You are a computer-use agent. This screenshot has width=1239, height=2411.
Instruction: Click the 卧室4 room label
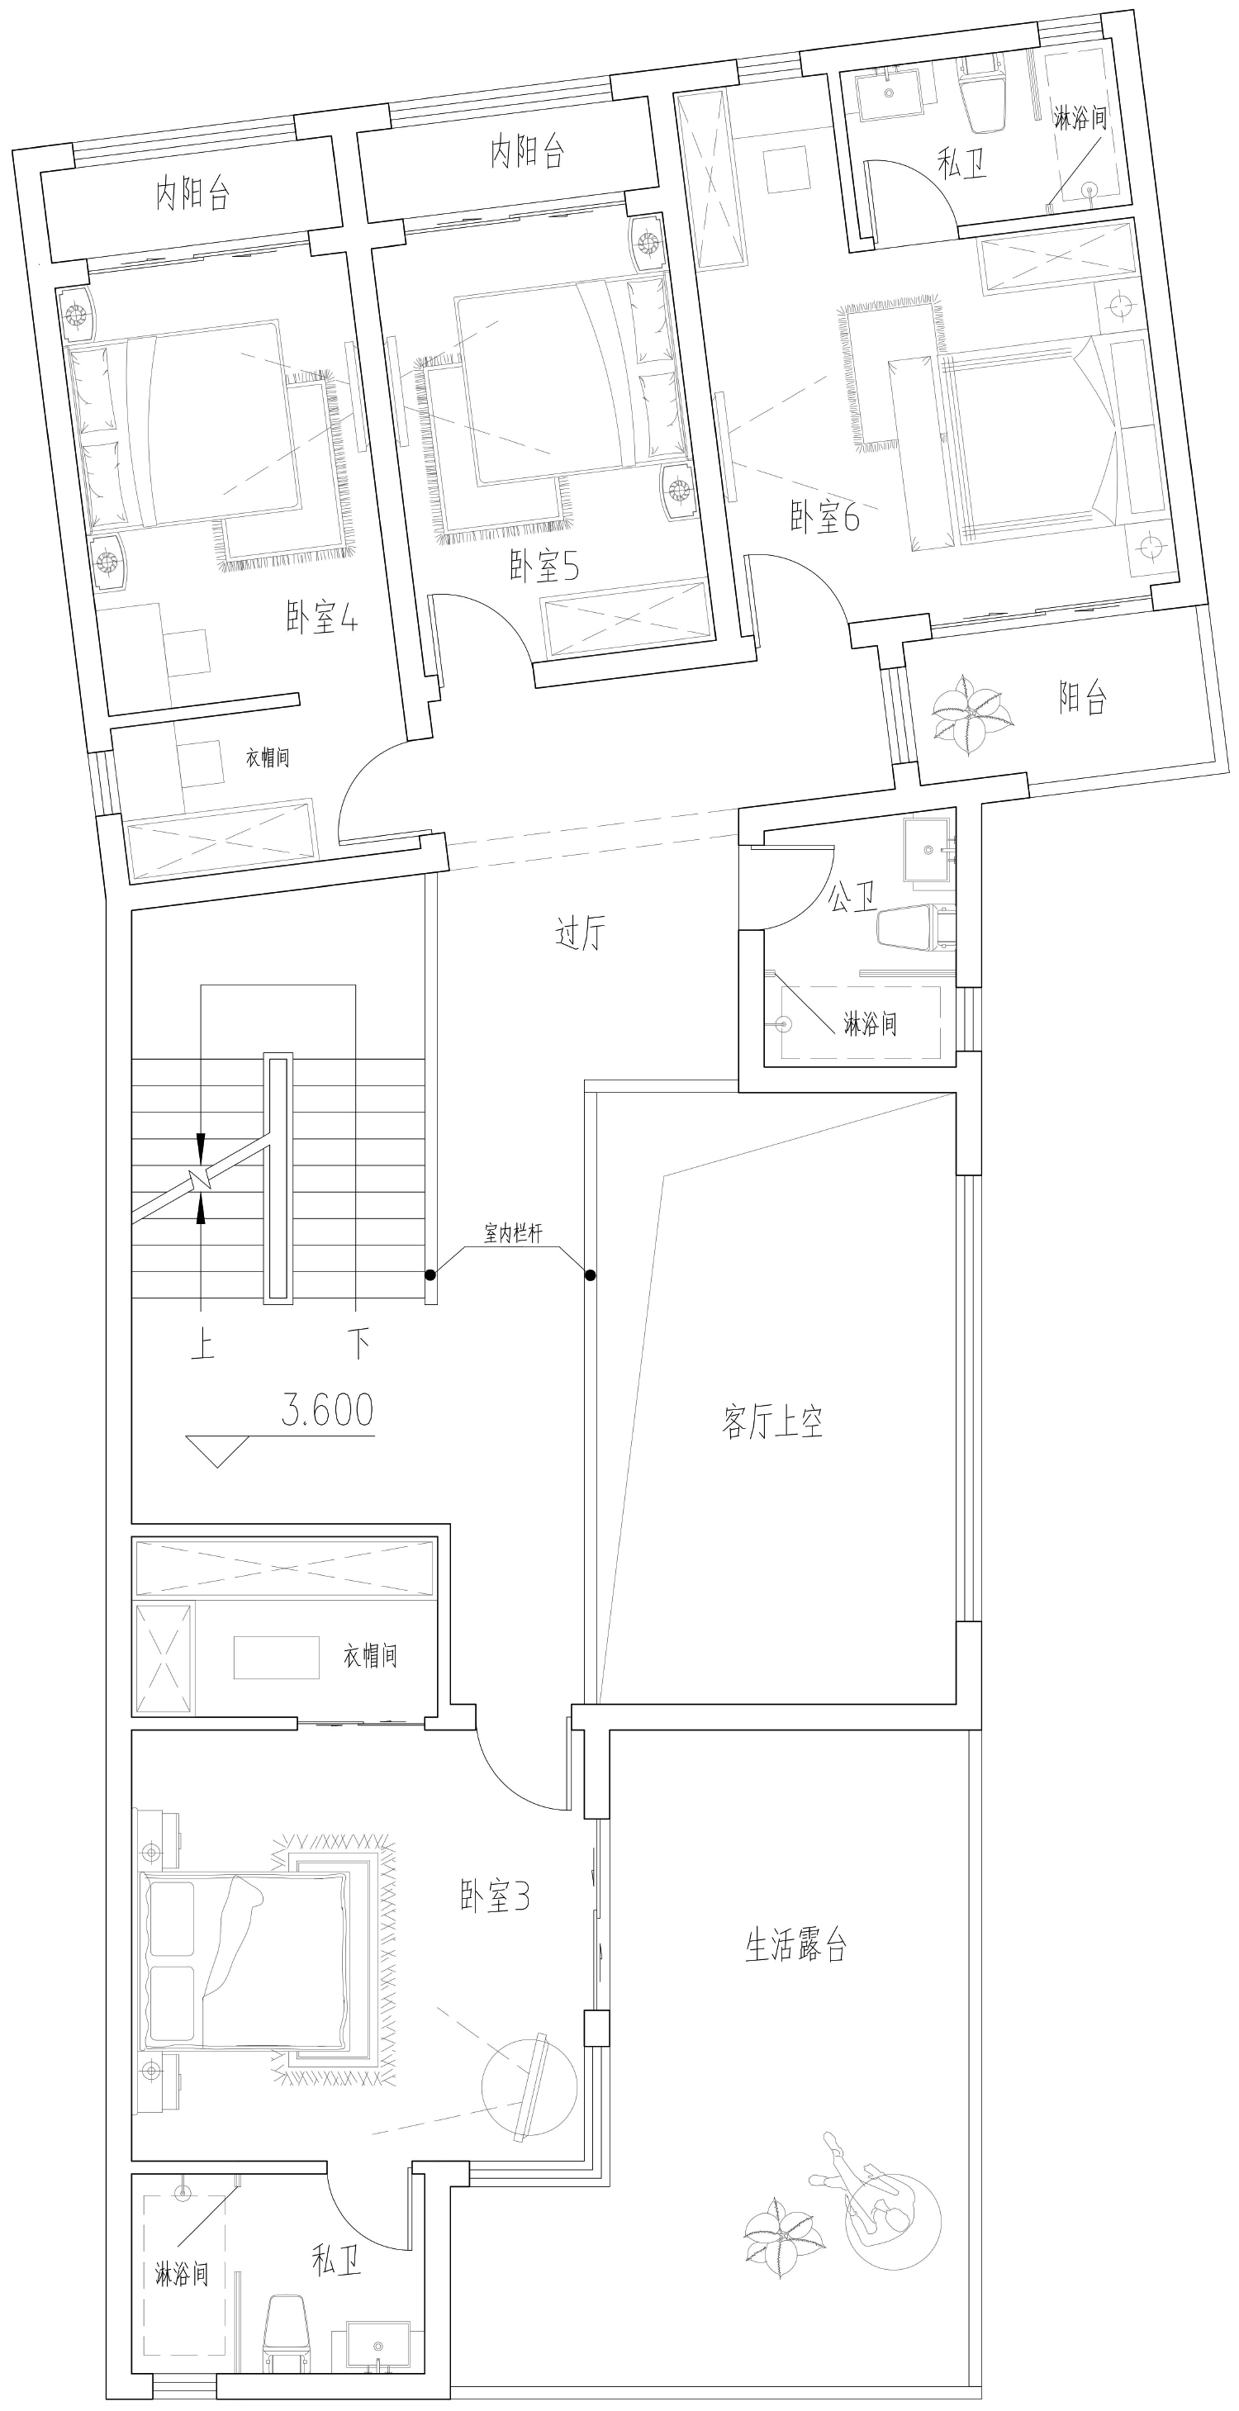pyautogui.click(x=322, y=617)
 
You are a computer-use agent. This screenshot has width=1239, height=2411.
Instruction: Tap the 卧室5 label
pyautogui.click(x=544, y=565)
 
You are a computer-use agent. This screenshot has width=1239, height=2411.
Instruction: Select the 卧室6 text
pyautogui.click(x=824, y=517)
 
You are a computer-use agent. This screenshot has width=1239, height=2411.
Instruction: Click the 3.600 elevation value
pyautogui.click(x=328, y=1410)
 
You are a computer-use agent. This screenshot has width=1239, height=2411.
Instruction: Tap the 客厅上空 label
pyautogui.click(x=773, y=1421)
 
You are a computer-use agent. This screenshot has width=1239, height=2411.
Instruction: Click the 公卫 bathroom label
pyautogui.click(x=852, y=898)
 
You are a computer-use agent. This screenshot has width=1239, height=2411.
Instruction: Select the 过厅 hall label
pyautogui.click(x=580, y=933)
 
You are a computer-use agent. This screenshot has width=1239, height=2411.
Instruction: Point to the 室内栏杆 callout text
pyautogui.click(x=513, y=1232)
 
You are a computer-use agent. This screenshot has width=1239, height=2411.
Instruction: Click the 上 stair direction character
pyautogui.click(x=202, y=1345)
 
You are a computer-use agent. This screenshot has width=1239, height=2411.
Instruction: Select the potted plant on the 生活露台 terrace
pyautogui.click(x=784, y=2237)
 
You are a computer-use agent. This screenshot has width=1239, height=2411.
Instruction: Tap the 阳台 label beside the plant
pyautogui.click(x=1084, y=697)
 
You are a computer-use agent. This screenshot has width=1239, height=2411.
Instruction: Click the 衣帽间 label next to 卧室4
pyautogui.click(x=268, y=757)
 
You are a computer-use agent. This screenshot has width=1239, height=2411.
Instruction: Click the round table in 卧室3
pyautogui.click(x=529, y=2086)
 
